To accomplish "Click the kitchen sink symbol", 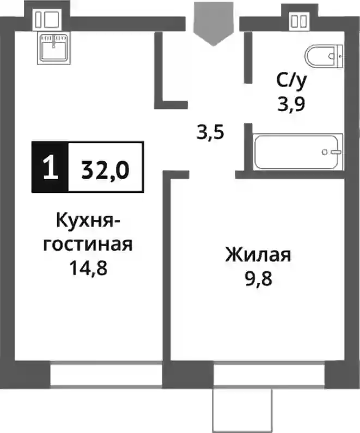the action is click(x=54, y=47).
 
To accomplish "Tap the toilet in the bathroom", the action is click(x=324, y=56).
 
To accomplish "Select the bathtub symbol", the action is click(x=298, y=151).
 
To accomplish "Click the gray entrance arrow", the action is click(x=213, y=24).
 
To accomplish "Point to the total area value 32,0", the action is click(x=106, y=170).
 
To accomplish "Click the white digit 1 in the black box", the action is click(x=51, y=167).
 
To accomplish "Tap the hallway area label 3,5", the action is click(x=210, y=133).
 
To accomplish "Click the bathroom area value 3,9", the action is click(x=291, y=105).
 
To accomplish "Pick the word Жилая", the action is click(x=258, y=255).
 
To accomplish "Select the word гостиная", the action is click(x=88, y=244).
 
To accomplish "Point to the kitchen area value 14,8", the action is click(x=88, y=268).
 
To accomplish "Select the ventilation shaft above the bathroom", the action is click(x=298, y=21).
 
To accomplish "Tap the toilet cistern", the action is click(x=340, y=56).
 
